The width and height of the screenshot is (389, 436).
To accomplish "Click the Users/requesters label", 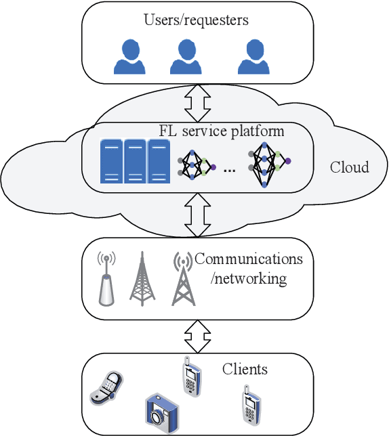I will coord(196,20).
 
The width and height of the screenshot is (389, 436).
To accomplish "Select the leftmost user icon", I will coord(129,57).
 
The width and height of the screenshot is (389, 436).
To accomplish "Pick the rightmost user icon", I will coord(253,57).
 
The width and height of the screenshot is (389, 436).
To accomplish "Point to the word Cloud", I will coord(349,167).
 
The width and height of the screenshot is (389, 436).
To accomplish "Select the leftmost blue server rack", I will coord(111,161).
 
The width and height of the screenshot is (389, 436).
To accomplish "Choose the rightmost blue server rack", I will coord(159,161).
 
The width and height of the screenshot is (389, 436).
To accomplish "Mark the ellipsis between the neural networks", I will coord(229,170).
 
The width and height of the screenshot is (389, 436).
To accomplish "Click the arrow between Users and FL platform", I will coord(197,102).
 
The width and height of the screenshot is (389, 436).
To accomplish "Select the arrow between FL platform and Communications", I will coord(197,214).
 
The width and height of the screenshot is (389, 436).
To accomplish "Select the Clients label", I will coord(245,370).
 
